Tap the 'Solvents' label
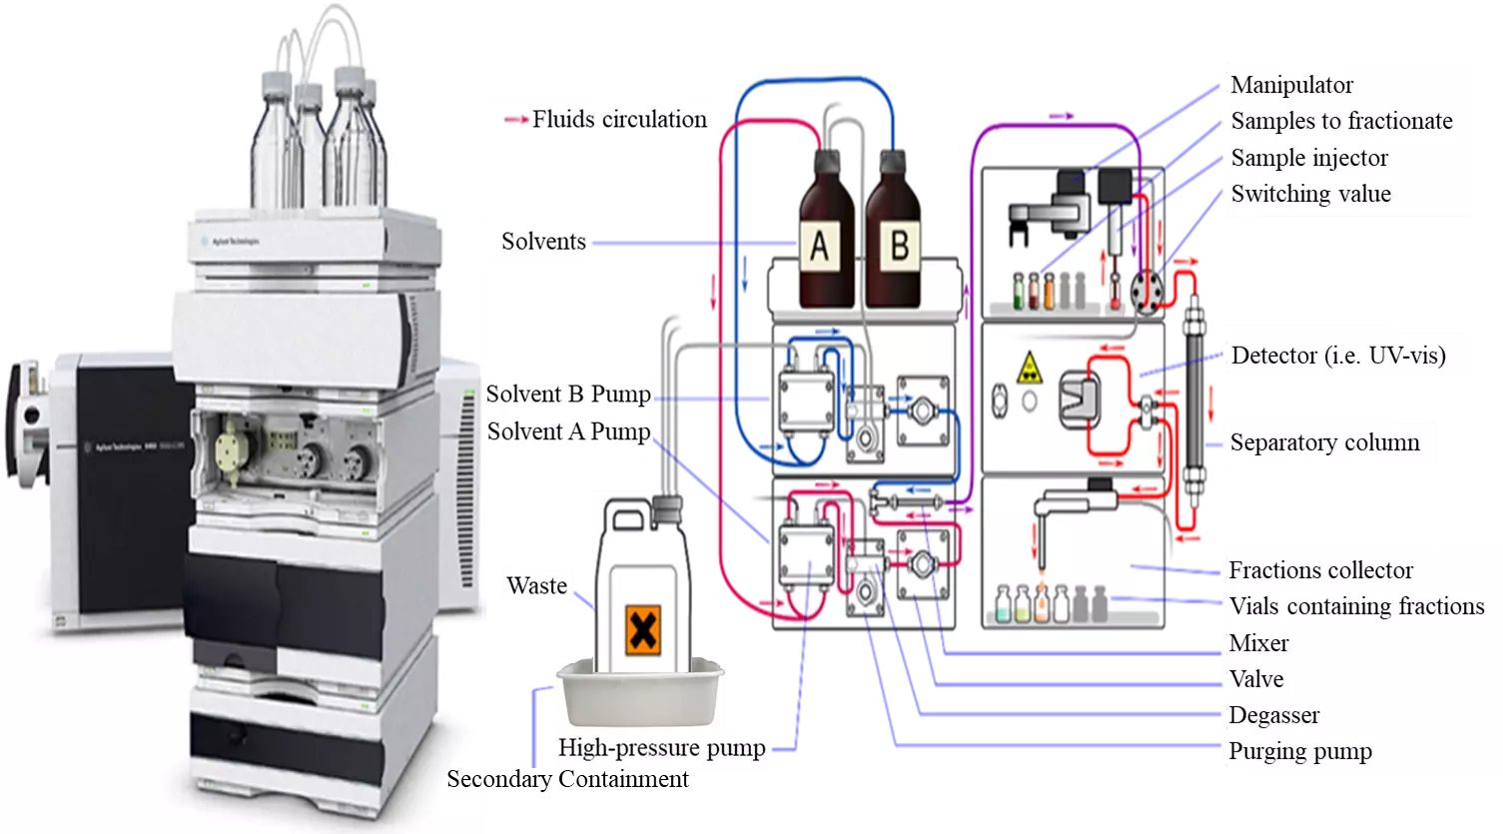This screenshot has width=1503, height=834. click(543, 242)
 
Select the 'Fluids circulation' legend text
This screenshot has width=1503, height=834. click(618, 120)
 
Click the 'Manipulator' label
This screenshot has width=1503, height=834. click(1291, 85)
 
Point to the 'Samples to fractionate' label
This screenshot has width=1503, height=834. click(1341, 121)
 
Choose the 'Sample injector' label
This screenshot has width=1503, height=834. click(1308, 158)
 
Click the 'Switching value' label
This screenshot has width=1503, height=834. click(1310, 194)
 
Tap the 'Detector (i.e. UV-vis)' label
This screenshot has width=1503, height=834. click(1338, 355)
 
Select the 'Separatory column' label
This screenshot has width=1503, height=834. click(1324, 442)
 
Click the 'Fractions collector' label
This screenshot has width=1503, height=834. click(1320, 570)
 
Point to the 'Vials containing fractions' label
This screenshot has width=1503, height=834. click(1356, 606)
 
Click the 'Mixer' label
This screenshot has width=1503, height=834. click(1258, 643)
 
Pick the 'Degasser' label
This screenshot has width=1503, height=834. click(1273, 715)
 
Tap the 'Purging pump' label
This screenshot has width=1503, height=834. click(1299, 751)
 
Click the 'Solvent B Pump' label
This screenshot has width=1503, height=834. click(568, 394)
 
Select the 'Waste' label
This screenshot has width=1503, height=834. click(536, 585)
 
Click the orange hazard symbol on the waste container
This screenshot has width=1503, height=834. click(643, 630)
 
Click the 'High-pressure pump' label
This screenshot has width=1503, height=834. click(661, 748)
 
